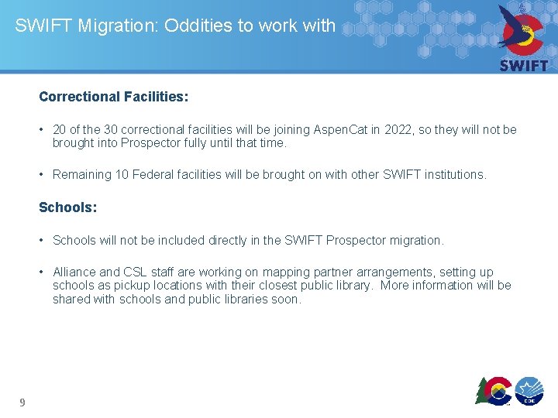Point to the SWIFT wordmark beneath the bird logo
[x=523, y=65]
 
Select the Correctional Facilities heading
[x=113, y=98]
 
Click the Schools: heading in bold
[x=67, y=207]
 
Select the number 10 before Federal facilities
[x=122, y=175]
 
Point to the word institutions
[x=453, y=175]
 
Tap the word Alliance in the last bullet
[x=74, y=272]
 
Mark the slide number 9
[x=22, y=403]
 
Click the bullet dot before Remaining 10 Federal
[x=43, y=175]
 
